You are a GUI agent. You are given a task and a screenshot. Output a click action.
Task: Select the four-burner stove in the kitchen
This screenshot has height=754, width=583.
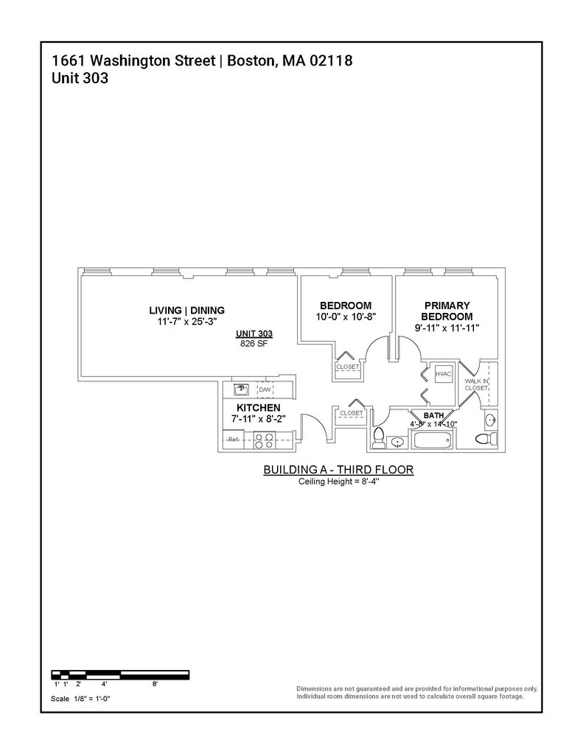tap(264, 440)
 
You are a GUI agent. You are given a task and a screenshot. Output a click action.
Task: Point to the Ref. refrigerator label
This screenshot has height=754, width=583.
tap(234, 440)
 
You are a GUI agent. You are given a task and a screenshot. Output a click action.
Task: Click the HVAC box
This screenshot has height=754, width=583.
tap(443, 374)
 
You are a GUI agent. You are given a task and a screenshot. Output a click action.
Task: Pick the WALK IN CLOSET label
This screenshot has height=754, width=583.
tap(475, 384)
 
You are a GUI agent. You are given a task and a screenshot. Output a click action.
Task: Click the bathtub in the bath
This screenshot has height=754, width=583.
tap(433, 442)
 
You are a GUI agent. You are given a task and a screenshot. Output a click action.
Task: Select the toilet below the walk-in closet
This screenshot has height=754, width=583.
tap(484, 440)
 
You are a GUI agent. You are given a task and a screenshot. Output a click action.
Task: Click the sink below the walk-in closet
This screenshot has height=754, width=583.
tap(492, 420)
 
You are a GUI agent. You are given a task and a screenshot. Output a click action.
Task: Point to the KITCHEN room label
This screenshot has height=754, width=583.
tap(258, 407)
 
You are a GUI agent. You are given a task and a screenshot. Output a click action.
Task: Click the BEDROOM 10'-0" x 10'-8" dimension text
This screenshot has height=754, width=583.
tap(345, 317)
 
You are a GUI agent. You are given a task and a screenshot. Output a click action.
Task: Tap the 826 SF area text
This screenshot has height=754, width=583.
tap(254, 344)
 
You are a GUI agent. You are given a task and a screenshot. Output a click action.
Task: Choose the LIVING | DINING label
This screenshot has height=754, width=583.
tap(186, 310)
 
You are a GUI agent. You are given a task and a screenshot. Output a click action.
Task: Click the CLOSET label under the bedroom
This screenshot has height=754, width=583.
tap(347, 367)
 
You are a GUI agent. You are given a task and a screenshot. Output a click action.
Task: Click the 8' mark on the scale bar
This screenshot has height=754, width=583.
tap(155, 684)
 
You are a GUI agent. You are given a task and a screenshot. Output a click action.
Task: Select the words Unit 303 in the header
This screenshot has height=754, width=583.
tap(80, 78)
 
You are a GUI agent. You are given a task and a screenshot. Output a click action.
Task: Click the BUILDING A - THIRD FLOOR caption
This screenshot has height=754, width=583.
tap(338, 470)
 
